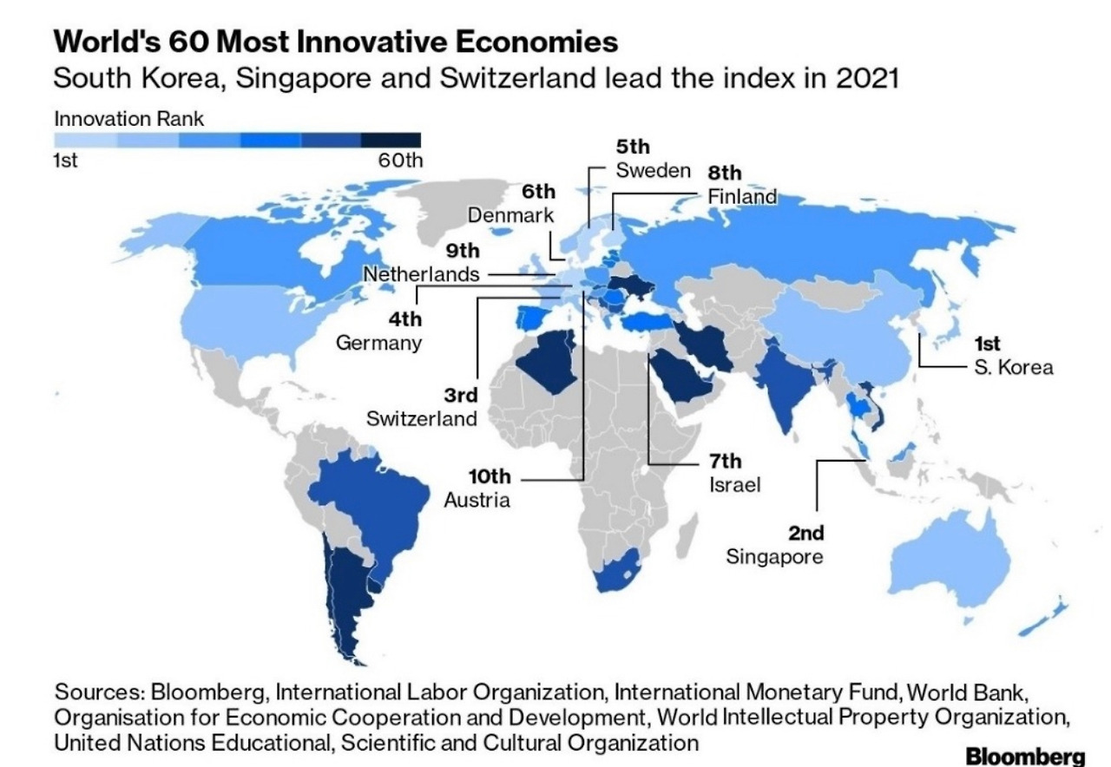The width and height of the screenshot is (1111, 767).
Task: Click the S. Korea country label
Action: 1013,367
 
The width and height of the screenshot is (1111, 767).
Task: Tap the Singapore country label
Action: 774,556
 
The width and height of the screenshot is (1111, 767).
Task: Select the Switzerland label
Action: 422,419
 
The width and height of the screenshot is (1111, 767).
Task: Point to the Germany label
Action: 379,342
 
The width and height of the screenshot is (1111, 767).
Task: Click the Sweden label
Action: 654,170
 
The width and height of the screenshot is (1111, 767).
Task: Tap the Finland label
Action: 742,196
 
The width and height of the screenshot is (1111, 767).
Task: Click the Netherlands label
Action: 421,274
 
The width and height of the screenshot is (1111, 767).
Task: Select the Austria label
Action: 477,501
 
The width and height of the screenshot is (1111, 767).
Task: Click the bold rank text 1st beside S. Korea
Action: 988,344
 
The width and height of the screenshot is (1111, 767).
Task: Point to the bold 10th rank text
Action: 490,477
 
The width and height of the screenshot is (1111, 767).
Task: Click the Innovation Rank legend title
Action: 129,119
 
